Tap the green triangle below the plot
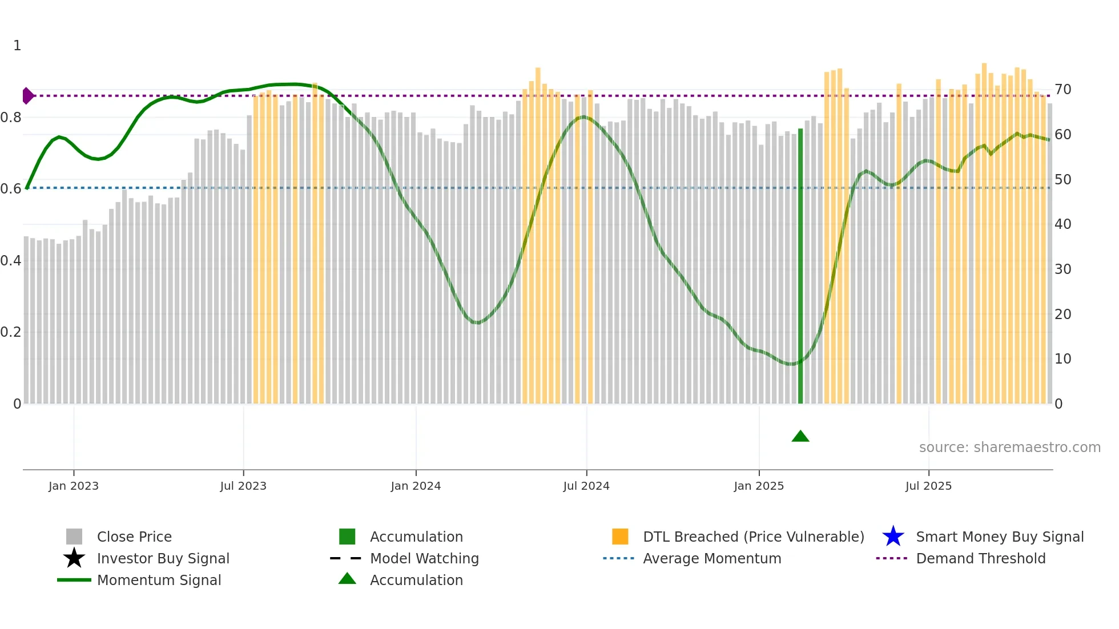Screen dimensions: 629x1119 coord(800,437)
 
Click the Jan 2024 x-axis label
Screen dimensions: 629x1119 coord(416,486)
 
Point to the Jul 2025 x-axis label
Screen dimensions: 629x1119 coord(928,486)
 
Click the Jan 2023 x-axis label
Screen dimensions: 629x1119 coord(74,486)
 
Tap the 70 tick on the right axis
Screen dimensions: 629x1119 coord(1062,90)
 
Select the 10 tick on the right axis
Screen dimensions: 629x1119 coord(1062,359)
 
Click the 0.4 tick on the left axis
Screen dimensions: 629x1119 coord(11,261)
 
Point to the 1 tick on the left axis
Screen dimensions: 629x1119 coord(17,46)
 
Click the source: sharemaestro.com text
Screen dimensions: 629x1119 coord(1009,447)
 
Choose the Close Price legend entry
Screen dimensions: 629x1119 coord(134,537)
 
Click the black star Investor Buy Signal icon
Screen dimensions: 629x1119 coord(74,558)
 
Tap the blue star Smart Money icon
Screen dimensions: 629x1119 coord(893,537)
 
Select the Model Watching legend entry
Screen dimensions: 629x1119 coord(424,558)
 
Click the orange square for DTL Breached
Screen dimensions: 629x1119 coord(620,537)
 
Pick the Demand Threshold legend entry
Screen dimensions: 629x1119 coord(980,558)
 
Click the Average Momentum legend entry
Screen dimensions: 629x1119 coord(711,558)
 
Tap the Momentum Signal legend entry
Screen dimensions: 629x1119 coord(159,580)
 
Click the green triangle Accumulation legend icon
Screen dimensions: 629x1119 coord(347,579)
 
